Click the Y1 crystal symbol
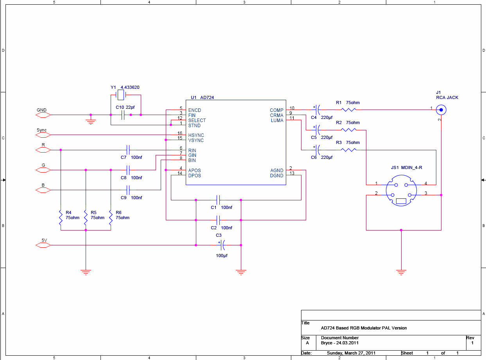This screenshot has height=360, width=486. (x=121, y=95)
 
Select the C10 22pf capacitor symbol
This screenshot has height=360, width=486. (x=123, y=115)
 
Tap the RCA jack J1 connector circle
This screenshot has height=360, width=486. (x=441, y=110)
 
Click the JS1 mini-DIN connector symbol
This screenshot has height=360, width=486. (x=401, y=191)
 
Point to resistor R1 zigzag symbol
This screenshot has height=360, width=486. (x=349, y=110)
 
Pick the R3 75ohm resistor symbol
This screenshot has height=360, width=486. (x=349, y=150)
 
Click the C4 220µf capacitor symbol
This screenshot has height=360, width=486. (x=317, y=110)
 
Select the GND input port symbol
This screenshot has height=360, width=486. (x=43, y=115)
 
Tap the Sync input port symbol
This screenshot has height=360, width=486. (x=43, y=135)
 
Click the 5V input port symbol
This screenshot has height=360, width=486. (x=43, y=245)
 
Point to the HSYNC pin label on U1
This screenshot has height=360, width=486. (x=196, y=135)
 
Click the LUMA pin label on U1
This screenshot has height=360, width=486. (x=277, y=121)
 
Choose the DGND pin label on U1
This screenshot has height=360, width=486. (x=276, y=176)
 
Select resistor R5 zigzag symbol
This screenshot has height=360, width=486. (x=86, y=218)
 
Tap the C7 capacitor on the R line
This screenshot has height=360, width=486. (x=128, y=150)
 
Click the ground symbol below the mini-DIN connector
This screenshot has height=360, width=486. (x=401, y=272)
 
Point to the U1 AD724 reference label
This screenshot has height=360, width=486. (x=202, y=97)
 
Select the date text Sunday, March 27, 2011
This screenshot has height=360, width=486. (x=351, y=353)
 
